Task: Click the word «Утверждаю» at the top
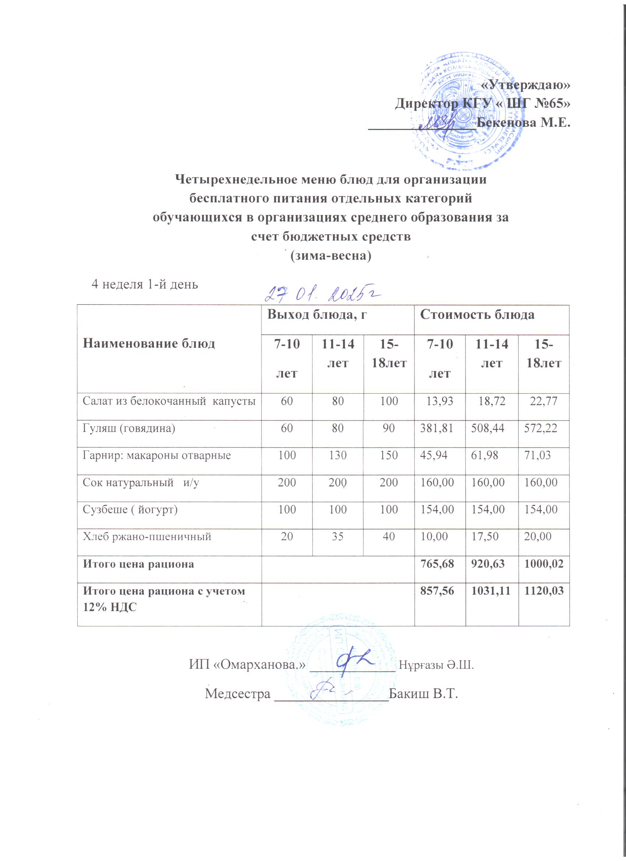pos(525,86)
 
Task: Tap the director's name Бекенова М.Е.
pos(524,123)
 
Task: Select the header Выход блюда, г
pos(317,315)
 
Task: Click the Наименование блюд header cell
pos(149,344)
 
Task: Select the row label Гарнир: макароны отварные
pos(157,456)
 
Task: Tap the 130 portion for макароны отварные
pos(337,456)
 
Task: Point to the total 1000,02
pos(544,564)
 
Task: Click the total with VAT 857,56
pos(440,591)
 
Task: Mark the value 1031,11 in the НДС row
pos(492,591)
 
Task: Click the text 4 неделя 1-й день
pos(145,284)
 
